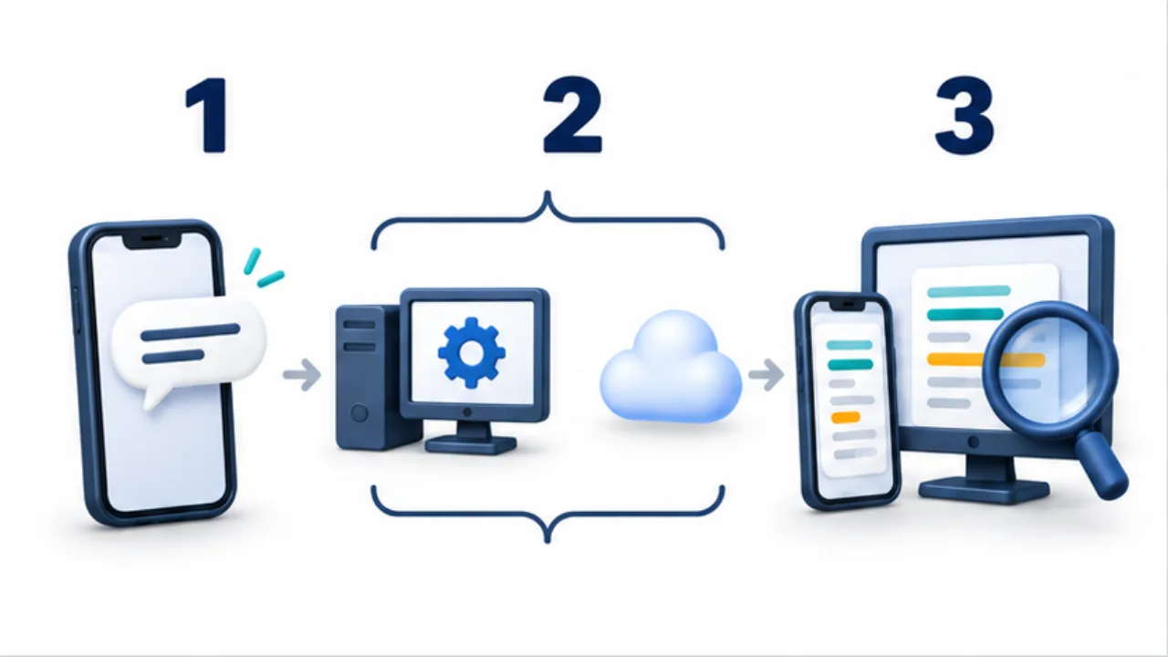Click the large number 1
209,115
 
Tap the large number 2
572,115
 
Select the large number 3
965,115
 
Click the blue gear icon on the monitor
472,352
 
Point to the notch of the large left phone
151,239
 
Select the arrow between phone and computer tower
302,374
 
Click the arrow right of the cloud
766,374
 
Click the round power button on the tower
360,413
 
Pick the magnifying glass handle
1101,465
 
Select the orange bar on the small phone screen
845,417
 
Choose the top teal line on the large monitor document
969,291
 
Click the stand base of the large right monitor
984,491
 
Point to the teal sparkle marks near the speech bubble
264,268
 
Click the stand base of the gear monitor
471,444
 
